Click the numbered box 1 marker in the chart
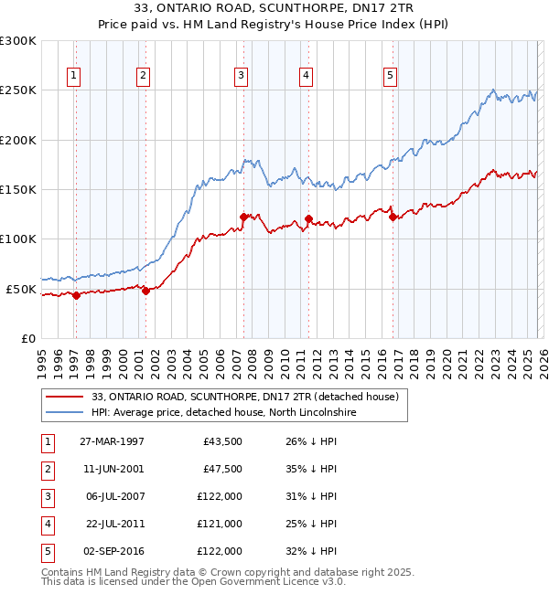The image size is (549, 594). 73,76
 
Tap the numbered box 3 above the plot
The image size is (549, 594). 241,76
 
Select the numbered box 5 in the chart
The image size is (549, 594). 390,76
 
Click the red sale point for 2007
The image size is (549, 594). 243,217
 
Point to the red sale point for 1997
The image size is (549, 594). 77,295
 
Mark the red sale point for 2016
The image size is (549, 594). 393,217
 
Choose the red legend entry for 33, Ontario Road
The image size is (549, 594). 245,398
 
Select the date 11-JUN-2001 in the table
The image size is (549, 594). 112,469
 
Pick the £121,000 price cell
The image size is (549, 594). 220,524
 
